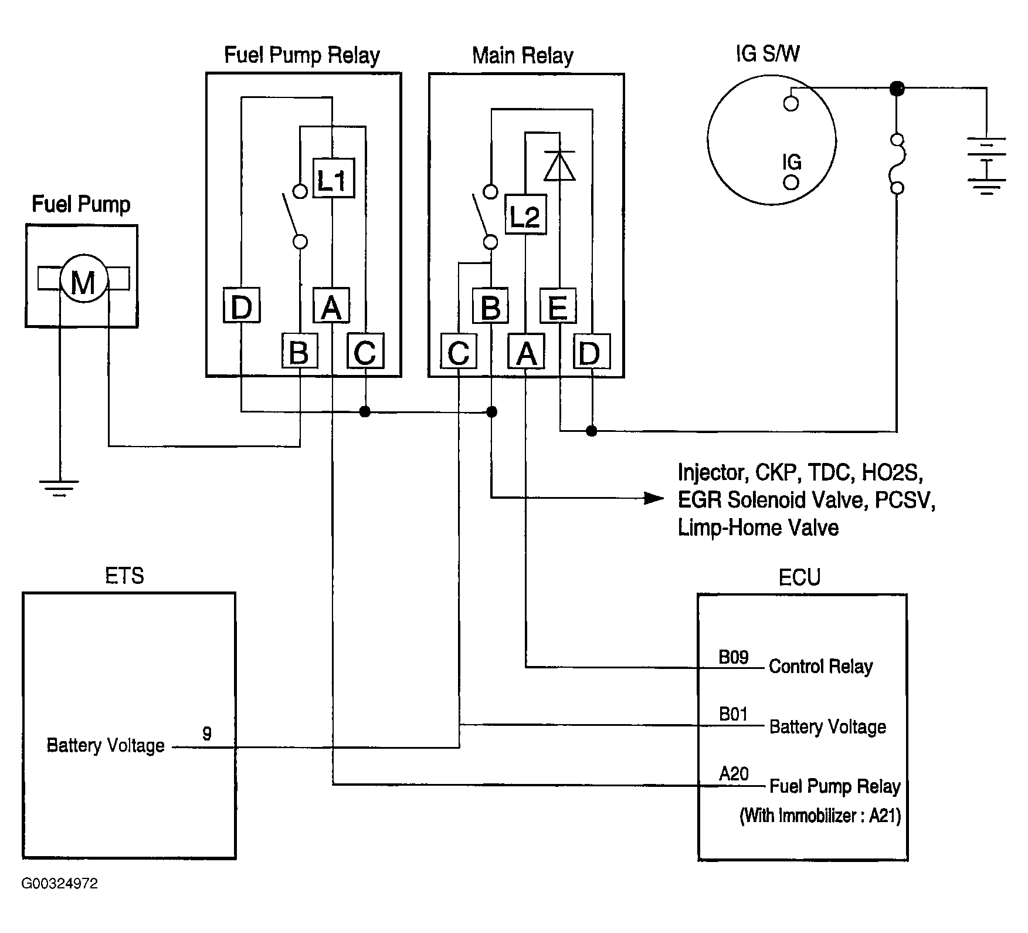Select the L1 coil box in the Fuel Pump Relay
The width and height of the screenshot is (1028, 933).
333,178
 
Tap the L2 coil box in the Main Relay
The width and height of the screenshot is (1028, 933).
525,215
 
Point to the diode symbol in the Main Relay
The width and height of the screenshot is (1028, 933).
559,165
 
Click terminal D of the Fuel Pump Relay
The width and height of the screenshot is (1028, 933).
242,306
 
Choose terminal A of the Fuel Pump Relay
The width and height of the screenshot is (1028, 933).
331,306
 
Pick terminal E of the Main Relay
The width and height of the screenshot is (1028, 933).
557,306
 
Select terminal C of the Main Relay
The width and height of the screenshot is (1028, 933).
459,352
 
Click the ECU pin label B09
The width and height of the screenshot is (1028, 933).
734,657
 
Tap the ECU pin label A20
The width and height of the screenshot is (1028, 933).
734,774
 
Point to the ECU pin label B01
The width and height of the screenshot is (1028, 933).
734,714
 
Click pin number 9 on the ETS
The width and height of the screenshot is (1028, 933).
207,733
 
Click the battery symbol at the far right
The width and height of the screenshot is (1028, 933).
987,165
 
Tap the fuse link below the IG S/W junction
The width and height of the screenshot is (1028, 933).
897,164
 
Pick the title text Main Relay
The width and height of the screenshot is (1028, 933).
523,56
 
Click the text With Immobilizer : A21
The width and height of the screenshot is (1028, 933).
820,816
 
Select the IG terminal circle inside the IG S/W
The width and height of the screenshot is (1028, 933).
791,182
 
